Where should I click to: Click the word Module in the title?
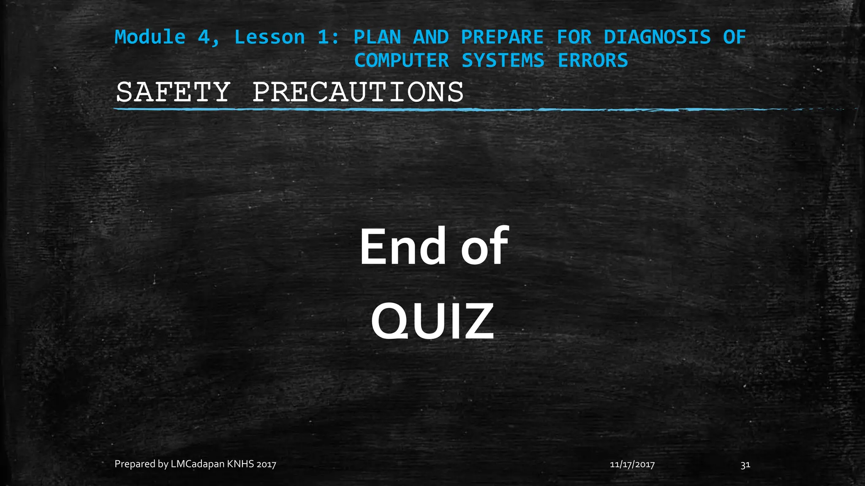pyautogui.click(x=150, y=37)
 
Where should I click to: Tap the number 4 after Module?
pyautogui.click(x=204, y=37)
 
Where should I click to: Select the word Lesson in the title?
pyautogui.click(x=269, y=37)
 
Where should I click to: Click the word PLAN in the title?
pyautogui.click(x=377, y=37)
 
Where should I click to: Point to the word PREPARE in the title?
pyautogui.click(x=502, y=37)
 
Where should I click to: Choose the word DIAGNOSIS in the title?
pyautogui.click(x=657, y=37)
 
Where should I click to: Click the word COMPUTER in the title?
pyautogui.click(x=401, y=60)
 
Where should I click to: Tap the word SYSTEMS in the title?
pyautogui.click(x=503, y=60)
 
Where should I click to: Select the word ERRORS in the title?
pyautogui.click(x=593, y=60)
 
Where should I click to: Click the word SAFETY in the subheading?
pyautogui.click(x=173, y=92)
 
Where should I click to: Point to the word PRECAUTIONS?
pyautogui.click(x=358, y=92)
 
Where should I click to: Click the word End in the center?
pyautogui.click(x=402, y=246)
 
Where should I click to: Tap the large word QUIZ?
pyautogui.click(x=432, y=321)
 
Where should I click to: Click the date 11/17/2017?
pyautogui.click(x=632, y=465)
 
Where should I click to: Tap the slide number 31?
pyautogui.click(x=745, y=465)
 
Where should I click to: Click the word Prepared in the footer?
pyautogui.click(x=135, y=464)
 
